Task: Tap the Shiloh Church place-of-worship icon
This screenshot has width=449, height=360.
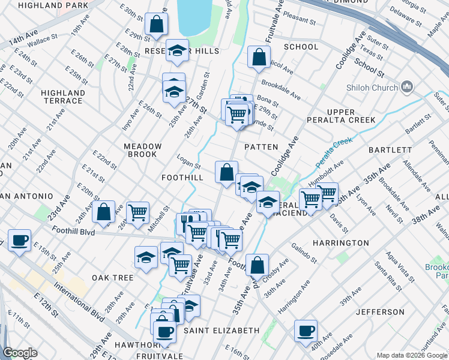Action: (x=407, y=87)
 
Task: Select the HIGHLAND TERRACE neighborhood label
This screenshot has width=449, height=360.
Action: (x=62, y=97)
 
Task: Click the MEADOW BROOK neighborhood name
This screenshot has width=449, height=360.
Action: (x=143, y=150)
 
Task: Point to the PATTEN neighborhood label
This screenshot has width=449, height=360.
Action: (x=262, y=147)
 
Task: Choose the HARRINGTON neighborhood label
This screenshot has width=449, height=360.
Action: (x=340, y=243)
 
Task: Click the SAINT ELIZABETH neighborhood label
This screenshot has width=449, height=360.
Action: (x=221, y=331)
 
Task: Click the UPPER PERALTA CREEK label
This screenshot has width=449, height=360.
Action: (x=351, y=116)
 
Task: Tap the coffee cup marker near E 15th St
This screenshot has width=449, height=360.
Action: (x=19, y=241)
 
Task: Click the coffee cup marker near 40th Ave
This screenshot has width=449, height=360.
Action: (x=306, y=330)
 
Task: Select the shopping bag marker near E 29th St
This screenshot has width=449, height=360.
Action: (x=156, y=25)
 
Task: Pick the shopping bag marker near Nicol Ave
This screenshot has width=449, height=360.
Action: (x=259, y=58)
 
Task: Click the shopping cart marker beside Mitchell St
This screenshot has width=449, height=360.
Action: (x=138, y=212)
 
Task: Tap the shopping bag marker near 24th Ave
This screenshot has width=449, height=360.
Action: (x=104, y=211)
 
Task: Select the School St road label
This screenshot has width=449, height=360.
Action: (x=369, y=67)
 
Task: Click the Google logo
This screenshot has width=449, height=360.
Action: (x=20, y=353)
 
